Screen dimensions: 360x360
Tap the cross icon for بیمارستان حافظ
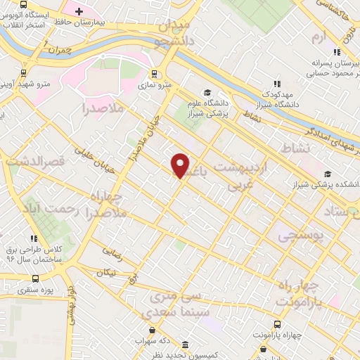(x=79, y=11)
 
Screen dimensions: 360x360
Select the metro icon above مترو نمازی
(x=154, y=72)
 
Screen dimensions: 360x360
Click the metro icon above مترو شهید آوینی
(x=24, y=72)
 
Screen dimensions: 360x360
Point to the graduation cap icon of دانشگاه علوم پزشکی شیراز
(x=207, y=92)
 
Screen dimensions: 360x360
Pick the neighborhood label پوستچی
(x=301, y=238)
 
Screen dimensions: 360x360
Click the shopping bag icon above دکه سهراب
(x=151, y=329)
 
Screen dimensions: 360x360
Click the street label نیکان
(x=105, y=271)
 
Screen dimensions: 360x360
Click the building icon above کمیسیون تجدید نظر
(x=184, y=345)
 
